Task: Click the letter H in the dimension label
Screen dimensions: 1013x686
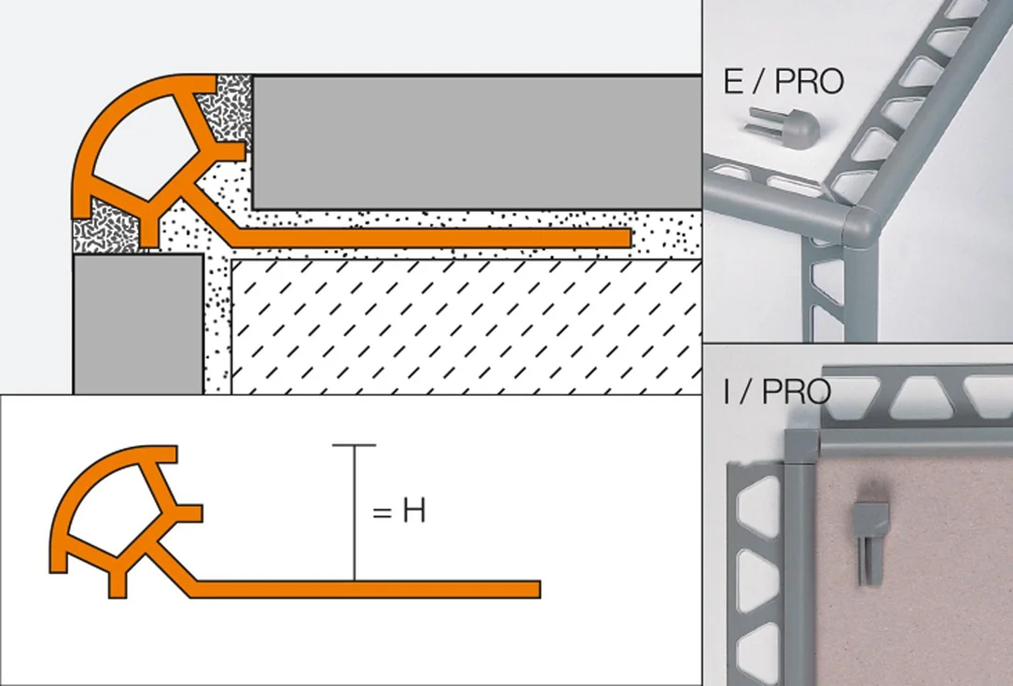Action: pyautogui.click(x=414, y=511)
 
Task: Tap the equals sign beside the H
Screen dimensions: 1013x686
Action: pyautogui.click(x=382, y=512)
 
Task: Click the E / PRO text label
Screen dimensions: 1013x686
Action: pyautogui.click(x=784, y=81)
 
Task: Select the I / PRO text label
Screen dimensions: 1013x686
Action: pyautogui.click(x=777, y=392)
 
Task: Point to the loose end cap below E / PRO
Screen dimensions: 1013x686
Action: pyautogui.click(x=784, y=125)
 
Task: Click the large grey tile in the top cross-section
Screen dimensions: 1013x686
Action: pyautogui.click(x=477, y=143)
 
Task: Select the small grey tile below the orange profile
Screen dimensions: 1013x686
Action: pyautogui.click(x=138, y=323)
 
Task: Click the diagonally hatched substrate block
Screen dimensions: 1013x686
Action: pyautogui.click(x=466, y=328)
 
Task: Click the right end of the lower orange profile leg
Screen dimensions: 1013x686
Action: pyautogui.click(x=538, y=589)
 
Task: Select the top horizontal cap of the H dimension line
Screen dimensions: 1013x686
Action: pyautogui.click(x=354, y=445)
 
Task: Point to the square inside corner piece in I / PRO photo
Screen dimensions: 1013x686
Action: pyautogui.click(x=802, y=445)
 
